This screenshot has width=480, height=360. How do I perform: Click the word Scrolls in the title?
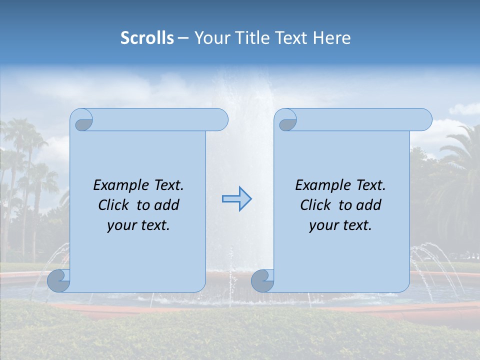point(147,38)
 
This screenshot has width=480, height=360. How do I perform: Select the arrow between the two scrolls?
point(236,199)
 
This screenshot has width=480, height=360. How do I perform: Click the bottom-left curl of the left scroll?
point(58,280)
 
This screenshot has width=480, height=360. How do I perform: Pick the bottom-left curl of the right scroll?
point(261,280)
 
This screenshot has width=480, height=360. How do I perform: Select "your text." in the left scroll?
point(138,225)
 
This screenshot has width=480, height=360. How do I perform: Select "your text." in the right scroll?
point(340,225)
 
